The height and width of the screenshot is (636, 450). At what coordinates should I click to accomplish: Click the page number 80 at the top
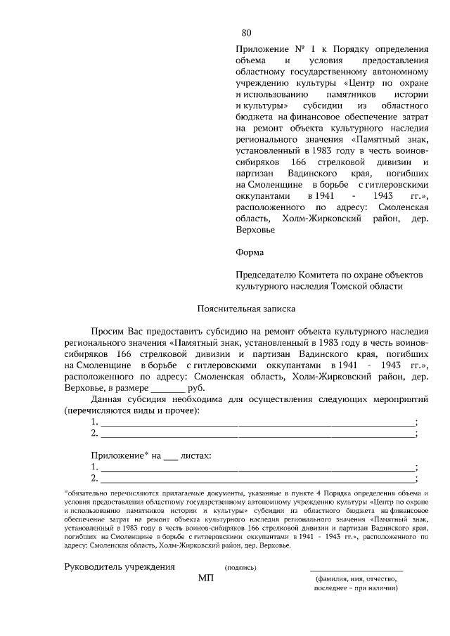pyautogui.click(x=246, y=32)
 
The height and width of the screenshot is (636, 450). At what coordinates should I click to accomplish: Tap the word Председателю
pyautogui.click(x=268, y=275)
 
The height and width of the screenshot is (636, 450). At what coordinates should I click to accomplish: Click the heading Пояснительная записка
pyautogui.click(x=246, y=309)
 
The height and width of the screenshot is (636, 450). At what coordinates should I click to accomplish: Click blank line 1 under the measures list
pyautogui.click(x=257, y=422)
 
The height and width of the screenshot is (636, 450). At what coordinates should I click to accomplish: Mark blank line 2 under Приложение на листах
pyautogui.click(x=257, y=479)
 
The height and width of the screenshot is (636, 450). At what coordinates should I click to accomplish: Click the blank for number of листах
pyautogui.click(x=170, y=456)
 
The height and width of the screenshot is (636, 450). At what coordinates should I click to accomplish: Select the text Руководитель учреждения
pyautogui.click(x=120, y=566)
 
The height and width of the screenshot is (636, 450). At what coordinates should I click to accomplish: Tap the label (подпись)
pyautogui.click(x=240, y=567)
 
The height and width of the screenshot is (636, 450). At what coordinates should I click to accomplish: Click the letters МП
pyautogui.click(x=206, y=578)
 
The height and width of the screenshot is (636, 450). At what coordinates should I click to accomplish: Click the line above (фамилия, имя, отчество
pyautogui.click(x=356, y=571)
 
